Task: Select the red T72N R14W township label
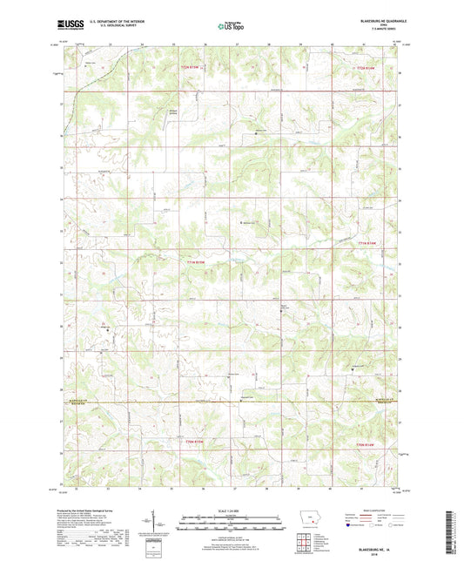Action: (371, 66)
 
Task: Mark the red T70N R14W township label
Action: (370, 445)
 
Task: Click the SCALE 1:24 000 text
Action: (231, 510)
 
